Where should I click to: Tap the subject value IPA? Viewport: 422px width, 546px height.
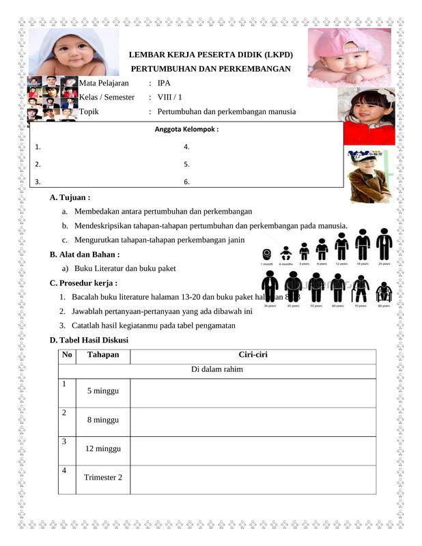(164, 83)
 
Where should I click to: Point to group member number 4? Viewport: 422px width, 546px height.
(186, 147)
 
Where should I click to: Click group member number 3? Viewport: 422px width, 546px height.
(38, 182)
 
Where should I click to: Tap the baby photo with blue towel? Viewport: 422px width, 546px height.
(74, 52)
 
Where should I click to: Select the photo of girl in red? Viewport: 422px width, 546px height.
(369, 116)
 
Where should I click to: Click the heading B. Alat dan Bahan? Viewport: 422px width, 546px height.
(84, 255)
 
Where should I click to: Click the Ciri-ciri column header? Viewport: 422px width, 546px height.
(252, 355)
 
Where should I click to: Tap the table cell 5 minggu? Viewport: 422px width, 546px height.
(103, 391)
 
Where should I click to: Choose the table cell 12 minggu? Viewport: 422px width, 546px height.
(103, 448)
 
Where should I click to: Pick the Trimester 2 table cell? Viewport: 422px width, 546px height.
(103, 477)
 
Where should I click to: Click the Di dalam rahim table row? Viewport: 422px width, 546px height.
(217, 370)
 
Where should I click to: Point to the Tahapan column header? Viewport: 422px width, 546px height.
(103, 355)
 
